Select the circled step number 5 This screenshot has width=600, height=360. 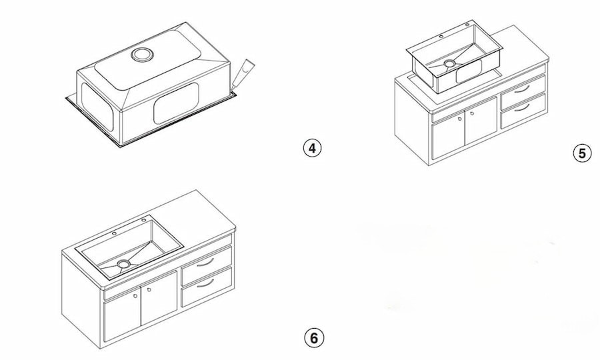(x=582, y=153)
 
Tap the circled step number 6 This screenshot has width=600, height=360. (x=313, y=337)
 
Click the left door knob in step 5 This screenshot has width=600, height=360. (x=460, y=119)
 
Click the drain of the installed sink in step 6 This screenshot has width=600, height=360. (x=123, y=264)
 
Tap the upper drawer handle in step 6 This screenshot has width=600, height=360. (x=205, y=261)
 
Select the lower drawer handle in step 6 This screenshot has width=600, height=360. (x=205, y=283)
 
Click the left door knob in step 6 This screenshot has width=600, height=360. (x=135, y=296)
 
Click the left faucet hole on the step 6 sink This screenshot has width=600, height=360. (x=114, y=234)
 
